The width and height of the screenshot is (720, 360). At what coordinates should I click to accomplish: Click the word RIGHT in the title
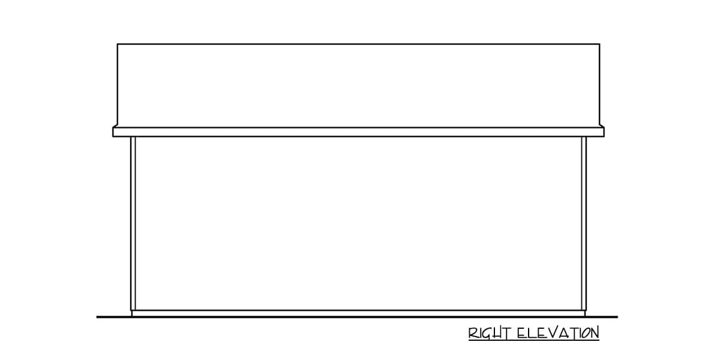click(x=490, y=333)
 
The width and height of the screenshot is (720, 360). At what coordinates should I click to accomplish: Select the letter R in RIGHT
click(x=473, y=334)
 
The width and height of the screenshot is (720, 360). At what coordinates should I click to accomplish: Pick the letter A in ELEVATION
click(x=566, y=333)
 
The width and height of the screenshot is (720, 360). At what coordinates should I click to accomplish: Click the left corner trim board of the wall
click(x=133, y=223)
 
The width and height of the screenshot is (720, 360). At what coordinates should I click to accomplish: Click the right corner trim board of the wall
click(x=584, y=223)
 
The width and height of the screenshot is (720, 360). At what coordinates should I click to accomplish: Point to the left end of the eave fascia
click(x=113, y=132)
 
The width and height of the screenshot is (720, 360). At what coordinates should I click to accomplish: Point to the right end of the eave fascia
click(x=604, y=132)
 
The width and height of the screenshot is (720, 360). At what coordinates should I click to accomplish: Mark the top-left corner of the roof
click(x=118, y=44)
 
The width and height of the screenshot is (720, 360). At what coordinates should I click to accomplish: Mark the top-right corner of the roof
click(x=599, y=44)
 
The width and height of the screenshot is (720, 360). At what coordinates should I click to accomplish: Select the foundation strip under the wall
click(x=358, y=313)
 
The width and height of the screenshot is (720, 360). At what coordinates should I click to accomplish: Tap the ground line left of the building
click(x=114, y=317)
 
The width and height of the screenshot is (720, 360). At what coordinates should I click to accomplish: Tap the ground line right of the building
click(x=601, y=317)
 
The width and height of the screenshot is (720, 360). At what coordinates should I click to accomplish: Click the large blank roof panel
click(x=358, y=85)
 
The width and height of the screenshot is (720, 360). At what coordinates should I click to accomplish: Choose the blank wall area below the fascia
click(x=358, y=223)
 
